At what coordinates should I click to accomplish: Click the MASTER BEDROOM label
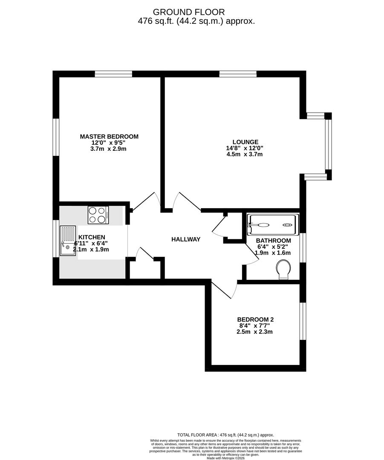tap(109, 137)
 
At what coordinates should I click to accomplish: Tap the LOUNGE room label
tap(245, 142)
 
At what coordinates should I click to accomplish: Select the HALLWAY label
tap(186, 239)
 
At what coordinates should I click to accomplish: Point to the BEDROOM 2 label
tap(255, 319)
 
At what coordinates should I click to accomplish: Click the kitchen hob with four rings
tap(98, 215)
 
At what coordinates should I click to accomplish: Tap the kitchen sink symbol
tap(68, 241)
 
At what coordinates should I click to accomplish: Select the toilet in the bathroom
tap(283, 270)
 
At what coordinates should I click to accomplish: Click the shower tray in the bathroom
tap(272, 225)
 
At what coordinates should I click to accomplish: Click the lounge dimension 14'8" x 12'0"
tap(245, 148)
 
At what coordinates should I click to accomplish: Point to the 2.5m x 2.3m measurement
tap(255, 332)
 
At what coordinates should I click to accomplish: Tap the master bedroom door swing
tap(147, 201)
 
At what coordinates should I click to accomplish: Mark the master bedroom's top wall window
tap(113, 74)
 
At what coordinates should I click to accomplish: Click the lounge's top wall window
tap(238, 74)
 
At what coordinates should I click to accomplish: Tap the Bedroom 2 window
tap(303, 321)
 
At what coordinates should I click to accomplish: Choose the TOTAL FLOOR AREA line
tap(225, 434)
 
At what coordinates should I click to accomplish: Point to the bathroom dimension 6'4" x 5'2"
tap(273, 246)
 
